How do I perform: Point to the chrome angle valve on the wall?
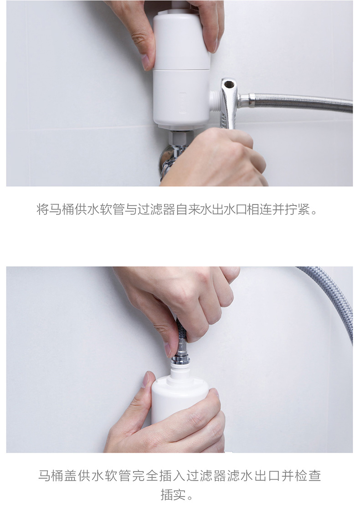point(167,159)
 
